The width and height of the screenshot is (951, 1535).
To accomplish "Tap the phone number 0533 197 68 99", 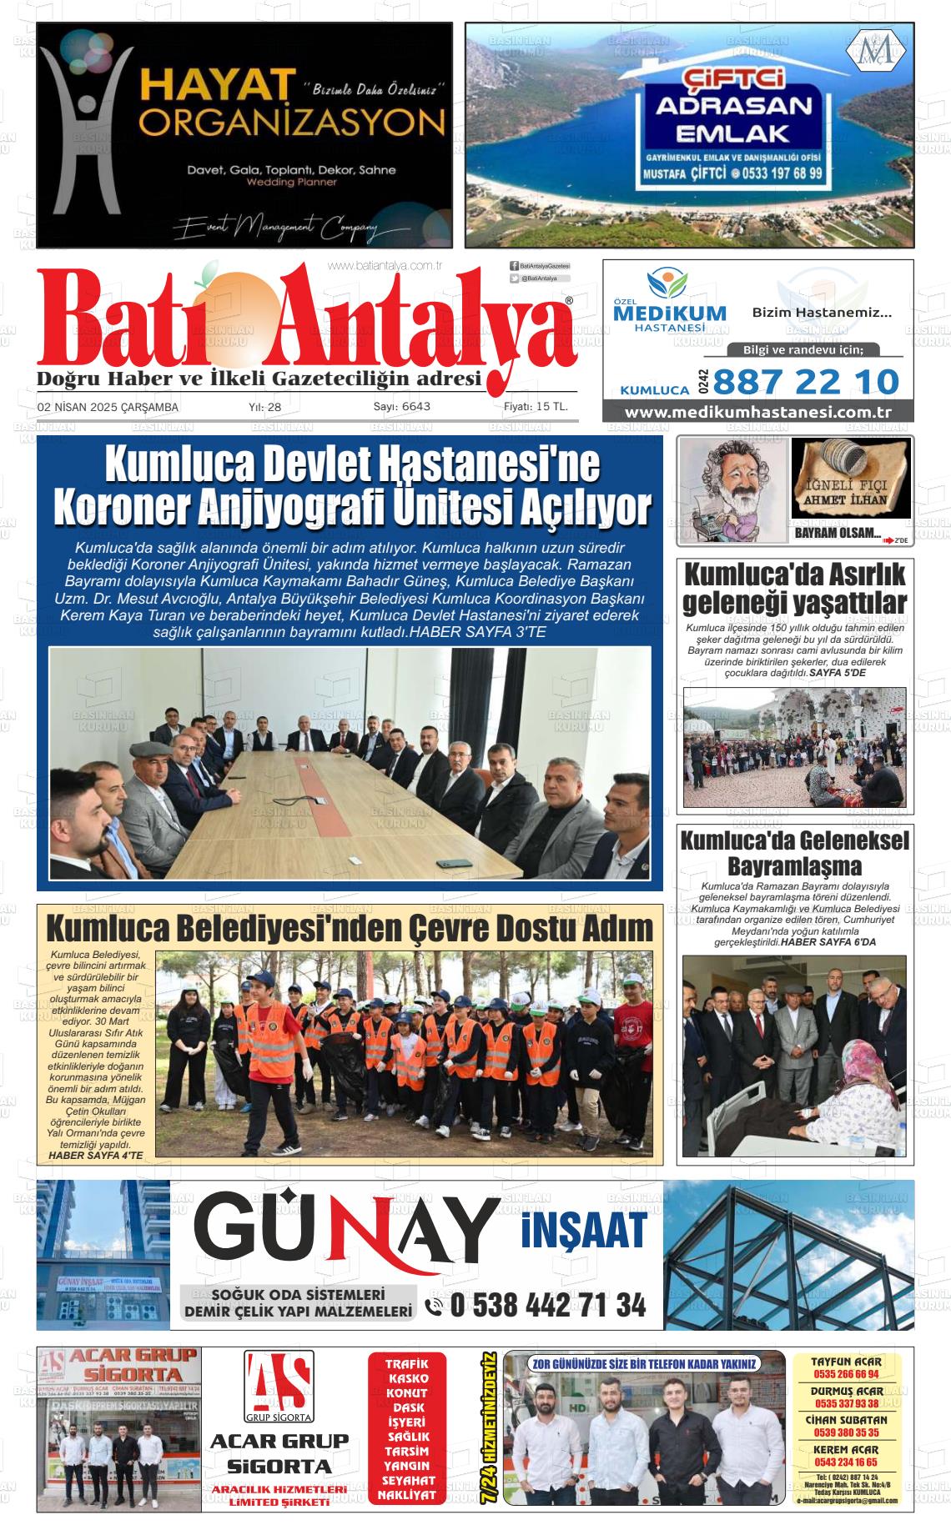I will (778, 174).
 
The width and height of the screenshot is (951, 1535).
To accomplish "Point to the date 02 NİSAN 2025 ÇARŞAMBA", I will (108, 407).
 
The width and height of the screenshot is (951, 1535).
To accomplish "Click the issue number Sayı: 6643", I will (401, 407).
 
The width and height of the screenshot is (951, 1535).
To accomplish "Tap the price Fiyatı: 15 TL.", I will (536, 407).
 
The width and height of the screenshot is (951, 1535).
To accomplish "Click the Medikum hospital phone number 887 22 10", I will (806, 382).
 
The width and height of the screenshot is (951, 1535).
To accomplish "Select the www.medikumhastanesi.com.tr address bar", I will (757, 413).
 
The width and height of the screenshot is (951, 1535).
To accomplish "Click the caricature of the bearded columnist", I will (732, 490).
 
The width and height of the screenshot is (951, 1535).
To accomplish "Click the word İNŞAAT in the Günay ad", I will (584, 1228).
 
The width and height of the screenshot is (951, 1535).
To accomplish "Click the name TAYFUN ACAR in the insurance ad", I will (846, 1362).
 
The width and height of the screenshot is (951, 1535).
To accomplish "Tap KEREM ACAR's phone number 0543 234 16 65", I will (846, 1462).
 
